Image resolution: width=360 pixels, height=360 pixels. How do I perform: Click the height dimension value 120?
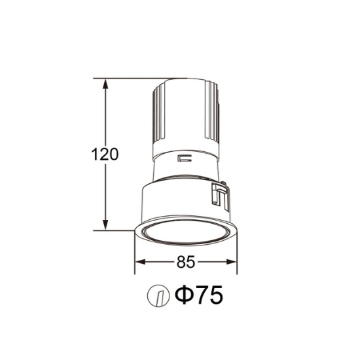click(105, 154)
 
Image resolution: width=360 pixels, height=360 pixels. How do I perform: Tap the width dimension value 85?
click(186, 262)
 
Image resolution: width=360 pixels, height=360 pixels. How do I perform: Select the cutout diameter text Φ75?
click(199, 295)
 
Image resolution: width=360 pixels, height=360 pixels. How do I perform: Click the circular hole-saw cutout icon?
click(158, 297)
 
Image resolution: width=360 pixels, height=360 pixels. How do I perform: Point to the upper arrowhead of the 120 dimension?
click(105, 84)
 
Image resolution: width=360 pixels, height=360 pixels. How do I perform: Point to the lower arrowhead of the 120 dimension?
click(105, 225)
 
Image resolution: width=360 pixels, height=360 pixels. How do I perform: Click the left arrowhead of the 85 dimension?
click(141, 262)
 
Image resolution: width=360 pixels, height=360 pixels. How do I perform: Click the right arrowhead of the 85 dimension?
click(232, 262)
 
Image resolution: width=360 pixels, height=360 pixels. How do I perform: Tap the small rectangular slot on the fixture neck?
click(185, 158)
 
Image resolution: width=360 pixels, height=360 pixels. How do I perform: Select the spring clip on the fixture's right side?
click(221, 196)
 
